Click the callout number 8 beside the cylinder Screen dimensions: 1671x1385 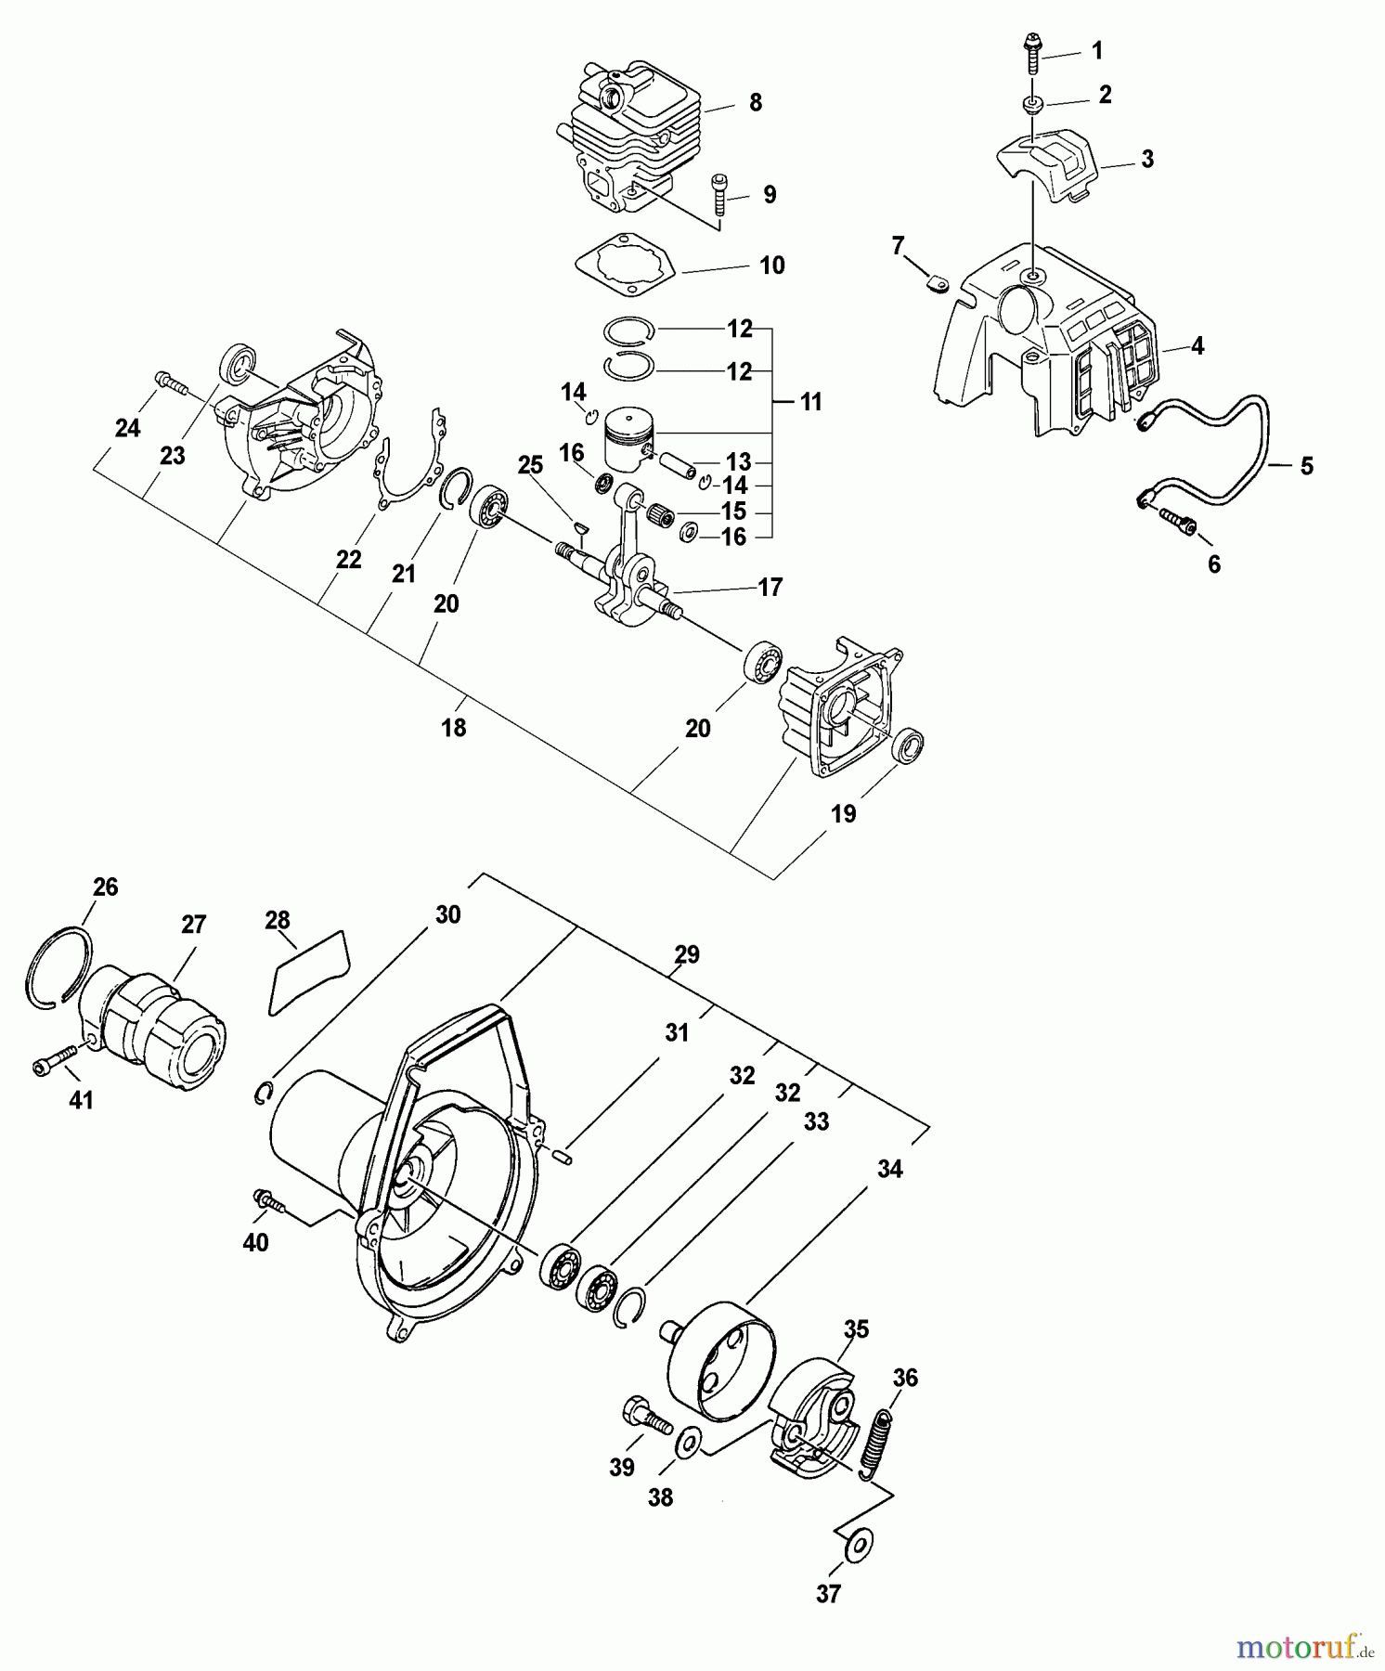pos(755,102)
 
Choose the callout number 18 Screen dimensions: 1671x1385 pos(453,729)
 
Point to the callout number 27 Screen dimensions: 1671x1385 pos(194,926)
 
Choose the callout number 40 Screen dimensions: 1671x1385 pos(255,1242)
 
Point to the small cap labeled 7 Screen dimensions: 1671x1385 pos(937,283)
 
